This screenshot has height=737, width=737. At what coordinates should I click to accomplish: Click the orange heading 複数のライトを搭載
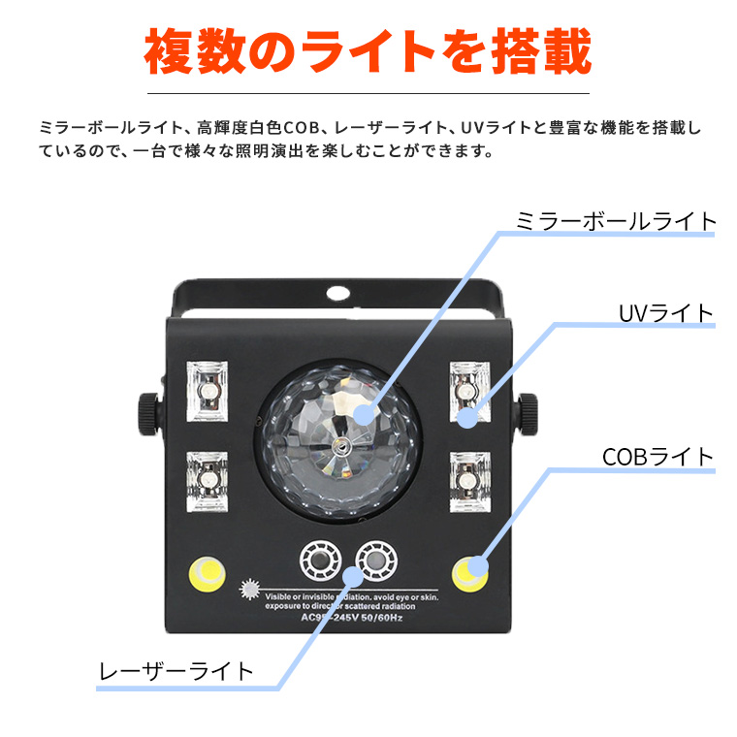pos(368,53)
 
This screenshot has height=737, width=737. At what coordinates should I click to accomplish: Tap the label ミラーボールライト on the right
pos(617,220)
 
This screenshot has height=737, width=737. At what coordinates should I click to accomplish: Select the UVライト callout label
pos(665,312)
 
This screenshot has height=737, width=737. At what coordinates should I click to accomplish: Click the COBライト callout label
pos(657,456)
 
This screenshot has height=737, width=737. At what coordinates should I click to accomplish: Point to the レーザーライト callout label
pos(176,670)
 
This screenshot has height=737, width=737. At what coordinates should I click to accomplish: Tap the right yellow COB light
pos(469,573)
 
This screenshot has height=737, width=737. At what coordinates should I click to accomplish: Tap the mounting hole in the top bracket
pos(338,292)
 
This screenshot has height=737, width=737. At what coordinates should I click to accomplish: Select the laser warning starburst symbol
pos(247,588)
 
